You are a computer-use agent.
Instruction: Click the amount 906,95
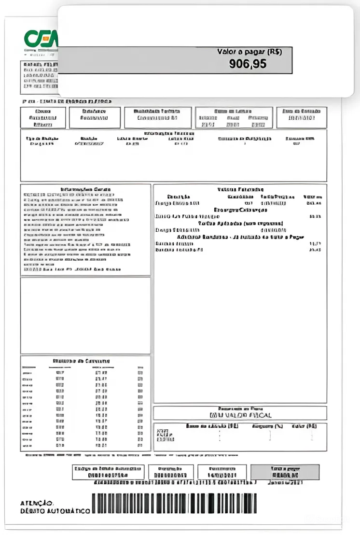click(248, 63)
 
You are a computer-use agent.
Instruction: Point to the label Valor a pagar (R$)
click(249, 51)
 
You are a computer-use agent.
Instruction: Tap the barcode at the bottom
click(174, 503)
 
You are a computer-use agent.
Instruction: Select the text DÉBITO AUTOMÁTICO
click(55, 511)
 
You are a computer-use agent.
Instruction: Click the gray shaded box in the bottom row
click(285, 472)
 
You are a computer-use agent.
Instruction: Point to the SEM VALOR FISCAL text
click(240, 415)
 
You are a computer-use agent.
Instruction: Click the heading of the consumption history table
click(81, 361)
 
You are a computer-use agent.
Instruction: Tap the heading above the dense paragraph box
click(85, 189)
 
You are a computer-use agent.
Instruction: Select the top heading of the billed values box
click(240, 189)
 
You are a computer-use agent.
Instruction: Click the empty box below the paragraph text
click(85, 315)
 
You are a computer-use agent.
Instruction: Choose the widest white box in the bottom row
click(108, 472)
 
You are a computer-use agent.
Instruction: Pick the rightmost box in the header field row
click(301, 117)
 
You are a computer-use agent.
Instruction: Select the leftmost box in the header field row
click(43, 117)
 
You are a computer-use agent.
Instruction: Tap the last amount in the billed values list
click(315, 250)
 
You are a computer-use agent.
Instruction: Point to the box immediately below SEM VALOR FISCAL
click(240, 437)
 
